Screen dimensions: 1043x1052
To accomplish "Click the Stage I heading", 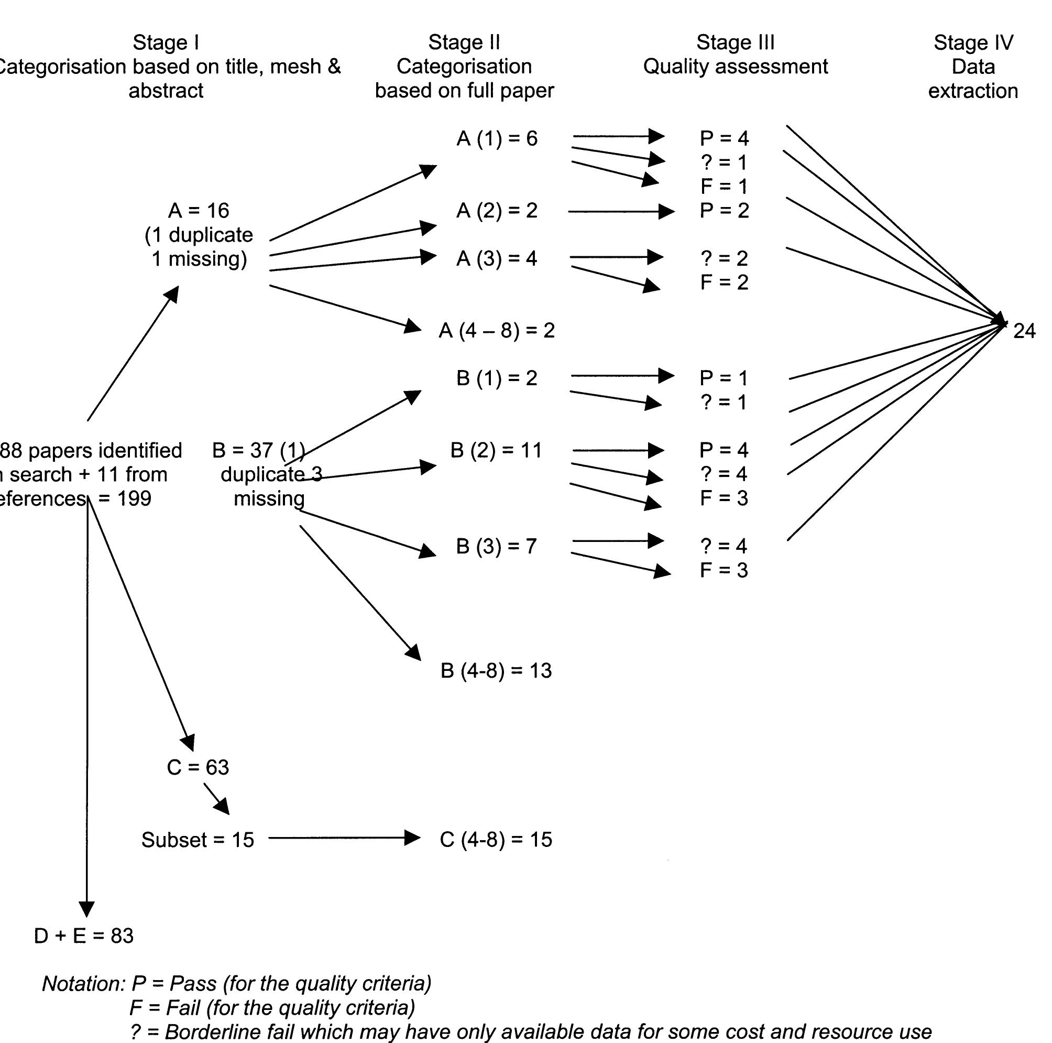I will click(166, 42).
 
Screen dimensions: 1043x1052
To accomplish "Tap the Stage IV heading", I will click(973, 42).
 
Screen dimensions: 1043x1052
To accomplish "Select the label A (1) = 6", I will click(497, 139).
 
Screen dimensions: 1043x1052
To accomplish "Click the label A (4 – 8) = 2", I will click(497, 331).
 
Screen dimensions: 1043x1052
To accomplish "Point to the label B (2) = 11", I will click(496, 450).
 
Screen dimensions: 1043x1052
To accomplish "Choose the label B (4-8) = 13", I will click(496, 670).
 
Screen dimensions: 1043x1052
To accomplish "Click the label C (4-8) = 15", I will click(496, 839).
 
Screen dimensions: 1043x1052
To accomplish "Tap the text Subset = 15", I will click(198, 840).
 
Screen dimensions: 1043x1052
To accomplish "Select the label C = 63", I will click(198, 767).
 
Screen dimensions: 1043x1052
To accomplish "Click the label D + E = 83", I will click(84, 936).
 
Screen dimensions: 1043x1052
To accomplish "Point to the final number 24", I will click(1024, 331).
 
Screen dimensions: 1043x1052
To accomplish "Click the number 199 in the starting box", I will click(134, 498).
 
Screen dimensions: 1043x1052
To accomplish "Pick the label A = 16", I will click(199, 211).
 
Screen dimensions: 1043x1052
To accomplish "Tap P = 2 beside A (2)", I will click(724, 211).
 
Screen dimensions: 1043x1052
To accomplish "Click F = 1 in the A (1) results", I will click(724, 186).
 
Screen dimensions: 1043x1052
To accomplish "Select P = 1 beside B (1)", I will click(724, 378).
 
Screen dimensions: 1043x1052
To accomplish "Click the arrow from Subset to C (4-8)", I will click(343, 838).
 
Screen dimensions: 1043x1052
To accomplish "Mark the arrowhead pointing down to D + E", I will click(86, 908).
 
